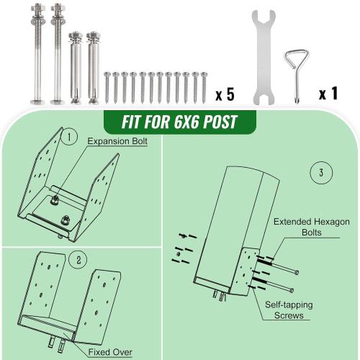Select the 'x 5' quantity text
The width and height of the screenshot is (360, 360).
click(x=225, y=94)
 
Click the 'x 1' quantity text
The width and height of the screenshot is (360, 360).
click(x=330, y=94)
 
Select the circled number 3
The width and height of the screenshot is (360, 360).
click(x=319, y=173)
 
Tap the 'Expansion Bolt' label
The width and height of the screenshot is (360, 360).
click(x=117, y=142)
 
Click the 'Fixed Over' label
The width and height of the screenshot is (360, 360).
click(x=110, y=352)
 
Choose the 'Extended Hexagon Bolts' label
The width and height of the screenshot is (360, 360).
click(x=312, y=228)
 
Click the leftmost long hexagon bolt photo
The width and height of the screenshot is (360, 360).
click(x=37, y=54)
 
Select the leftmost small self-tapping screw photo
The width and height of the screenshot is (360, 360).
click(x=108, y=88)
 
